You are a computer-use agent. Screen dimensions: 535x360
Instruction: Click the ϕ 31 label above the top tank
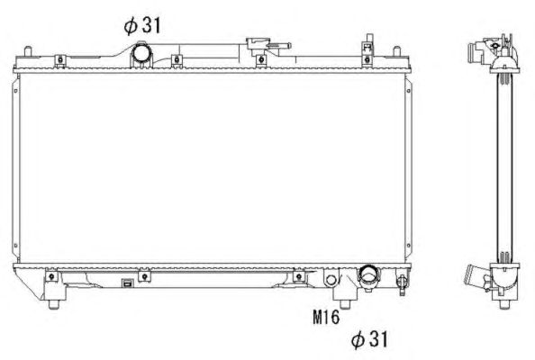(x=142, y=25)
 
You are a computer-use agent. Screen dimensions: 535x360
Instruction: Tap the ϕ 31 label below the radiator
(x=370, y=338)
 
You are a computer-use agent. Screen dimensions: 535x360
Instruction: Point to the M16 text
(x=326, y=317)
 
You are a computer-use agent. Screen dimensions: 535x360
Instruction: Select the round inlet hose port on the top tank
(x=141, y=53)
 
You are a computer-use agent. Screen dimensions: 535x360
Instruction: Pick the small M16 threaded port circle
(x=331, y=280)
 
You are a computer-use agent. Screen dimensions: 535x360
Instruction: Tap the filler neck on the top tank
(x=258, y=47)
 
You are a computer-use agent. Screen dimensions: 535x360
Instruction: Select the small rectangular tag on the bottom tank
(x=128, y=283)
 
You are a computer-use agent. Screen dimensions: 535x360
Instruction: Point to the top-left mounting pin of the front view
(x=28, y=51)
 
